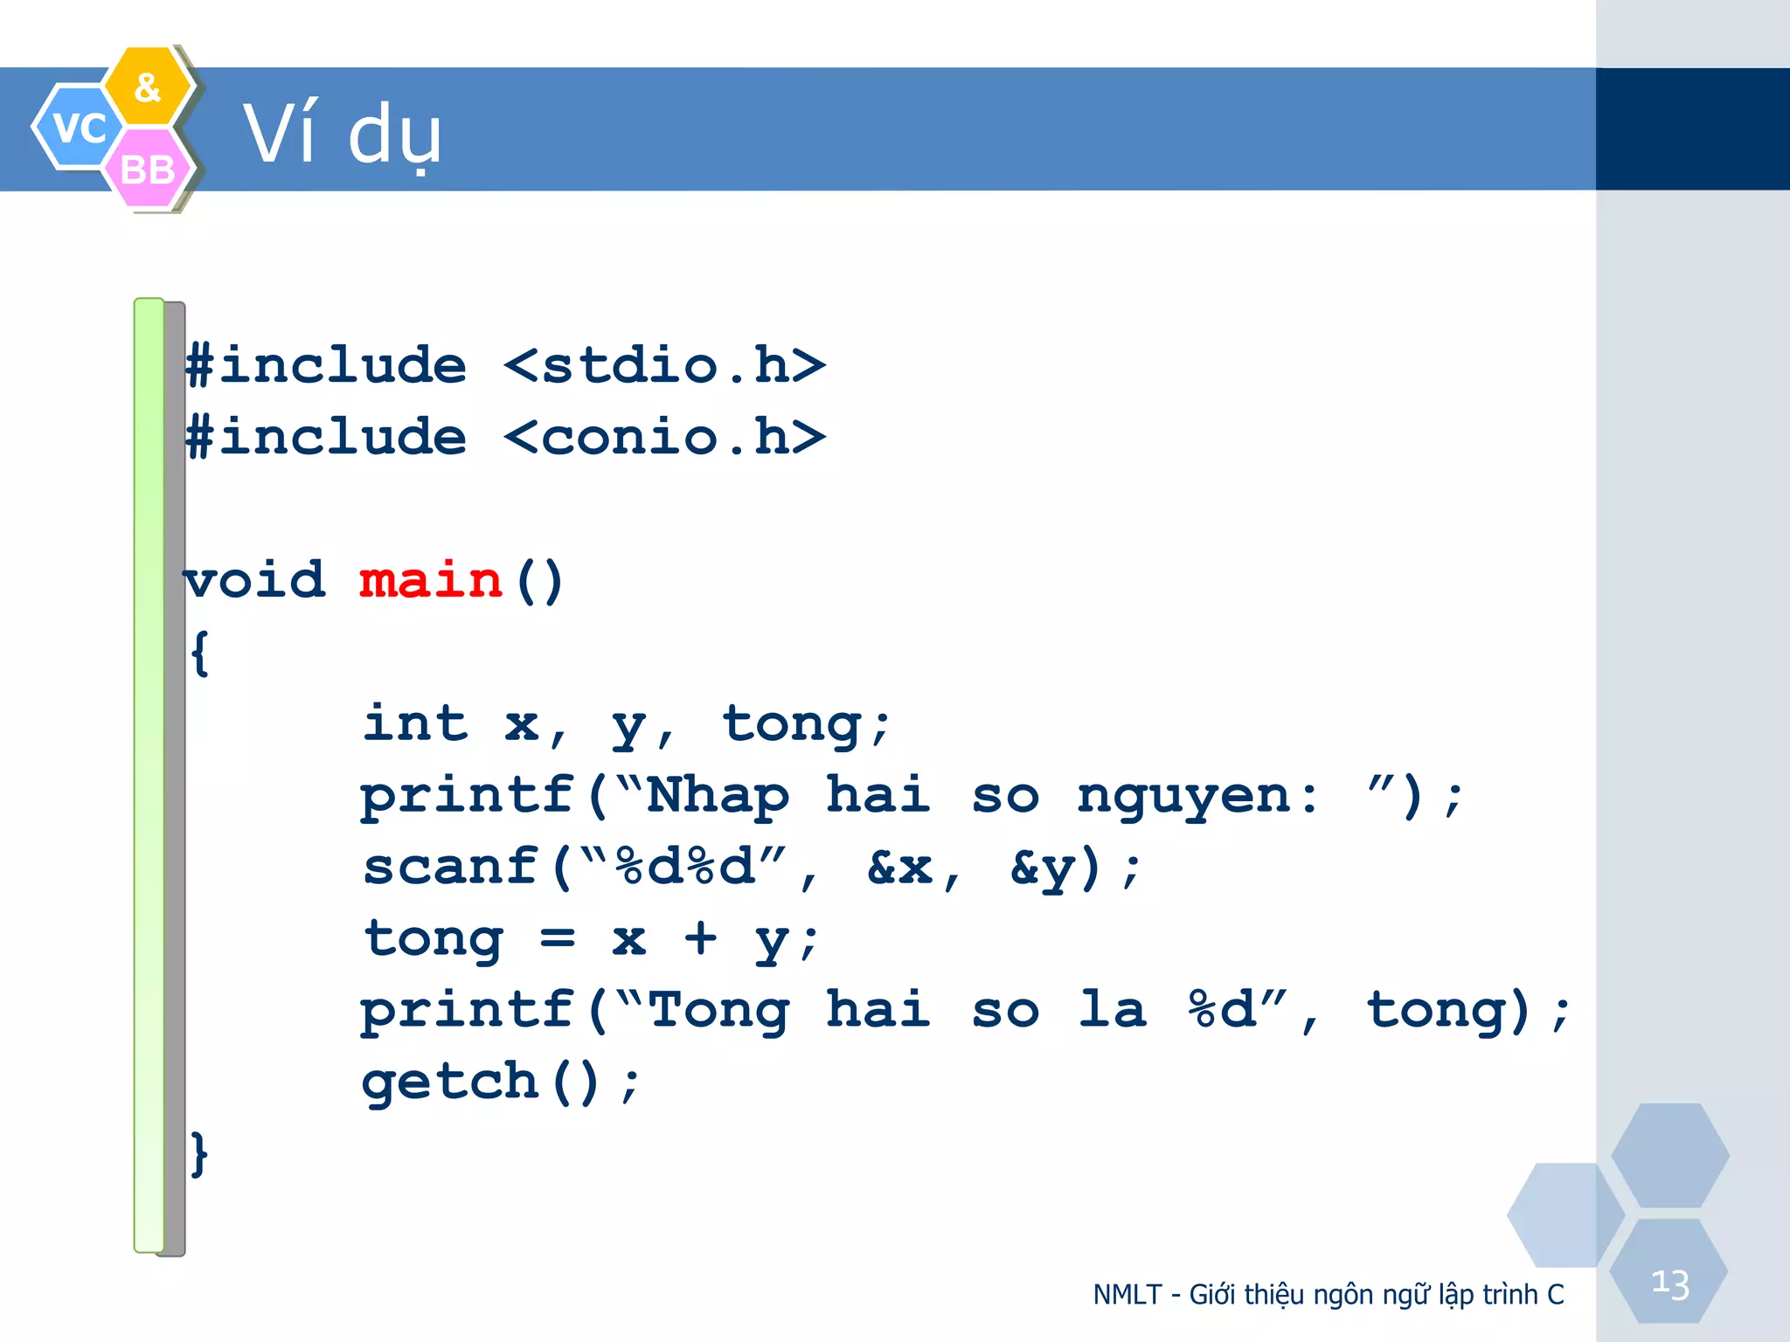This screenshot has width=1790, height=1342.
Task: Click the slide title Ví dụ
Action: coord(342,135)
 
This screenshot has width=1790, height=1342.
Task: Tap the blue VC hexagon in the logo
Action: coord(77,128)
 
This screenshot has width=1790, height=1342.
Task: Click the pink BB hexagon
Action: coord(148,169)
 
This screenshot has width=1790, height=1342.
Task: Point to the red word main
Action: coord(431,581)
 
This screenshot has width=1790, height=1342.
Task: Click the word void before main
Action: coord(254,581)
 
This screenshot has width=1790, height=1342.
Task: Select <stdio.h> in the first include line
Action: coord(664,365)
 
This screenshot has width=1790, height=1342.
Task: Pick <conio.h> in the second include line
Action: coord(664,437)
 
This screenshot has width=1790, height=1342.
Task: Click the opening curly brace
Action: coord(199,653)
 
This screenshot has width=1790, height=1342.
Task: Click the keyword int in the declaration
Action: coord(416,724)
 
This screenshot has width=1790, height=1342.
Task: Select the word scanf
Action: coord(451,868)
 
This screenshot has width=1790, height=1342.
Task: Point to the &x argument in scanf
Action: coord(900,868)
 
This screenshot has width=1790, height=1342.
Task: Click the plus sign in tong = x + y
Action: coord(700,939)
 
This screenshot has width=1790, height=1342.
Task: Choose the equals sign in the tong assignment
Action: coord(558,939)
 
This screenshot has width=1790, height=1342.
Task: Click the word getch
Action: coord(451,1083)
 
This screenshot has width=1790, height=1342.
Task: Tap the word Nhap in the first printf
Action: coord(718,796)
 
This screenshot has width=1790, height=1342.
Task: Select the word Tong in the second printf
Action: coord(718,1011)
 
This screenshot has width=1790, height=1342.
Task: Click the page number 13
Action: coord(1669,1284)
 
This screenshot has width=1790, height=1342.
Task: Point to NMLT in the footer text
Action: coord(1127,1295)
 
